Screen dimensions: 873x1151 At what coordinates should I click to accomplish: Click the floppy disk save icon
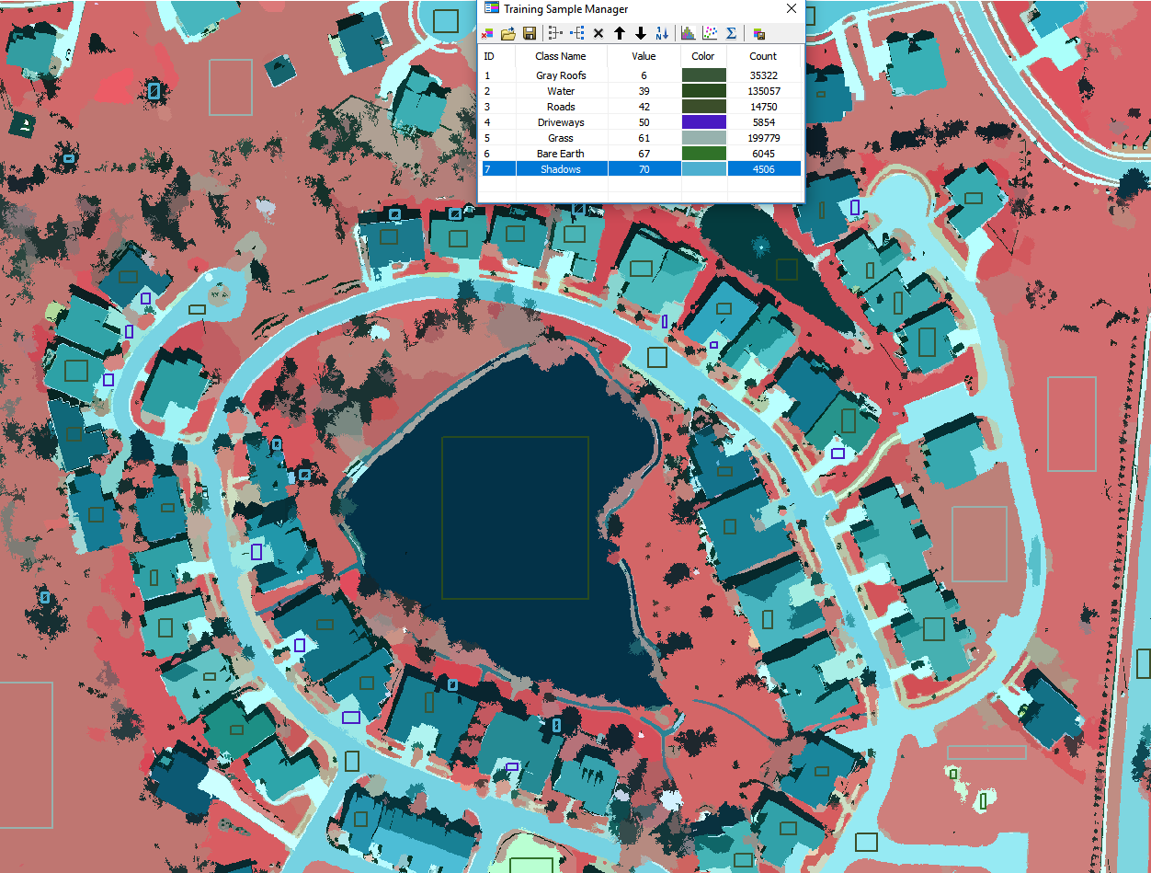[530, 34]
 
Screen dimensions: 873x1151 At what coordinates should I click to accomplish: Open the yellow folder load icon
[508, 34]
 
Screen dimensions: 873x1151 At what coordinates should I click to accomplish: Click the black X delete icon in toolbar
[598, 34]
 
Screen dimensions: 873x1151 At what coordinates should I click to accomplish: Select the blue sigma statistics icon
[731, 34]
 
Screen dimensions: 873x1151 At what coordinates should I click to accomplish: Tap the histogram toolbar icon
[687, 34]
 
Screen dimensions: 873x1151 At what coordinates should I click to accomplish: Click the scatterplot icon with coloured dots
[709, 34]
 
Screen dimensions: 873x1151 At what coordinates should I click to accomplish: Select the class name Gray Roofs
[561, 75]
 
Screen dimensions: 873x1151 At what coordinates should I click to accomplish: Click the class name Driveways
[561, 122]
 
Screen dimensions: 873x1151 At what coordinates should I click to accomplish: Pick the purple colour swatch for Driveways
[703, 122]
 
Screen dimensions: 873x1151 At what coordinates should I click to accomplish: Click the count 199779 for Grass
[762, 138]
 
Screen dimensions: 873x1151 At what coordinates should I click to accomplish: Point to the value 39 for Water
[644, 91]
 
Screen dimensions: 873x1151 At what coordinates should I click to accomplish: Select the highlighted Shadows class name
[561, 169]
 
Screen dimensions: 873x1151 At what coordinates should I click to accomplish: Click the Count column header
[762, 56]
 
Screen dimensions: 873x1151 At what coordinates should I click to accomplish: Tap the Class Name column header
[561, 56]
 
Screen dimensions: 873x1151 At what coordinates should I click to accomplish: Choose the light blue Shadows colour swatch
[703, 169]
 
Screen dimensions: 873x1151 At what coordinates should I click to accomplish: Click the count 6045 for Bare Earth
[762, 154]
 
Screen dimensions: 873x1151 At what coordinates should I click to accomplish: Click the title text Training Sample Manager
[565, 9]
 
